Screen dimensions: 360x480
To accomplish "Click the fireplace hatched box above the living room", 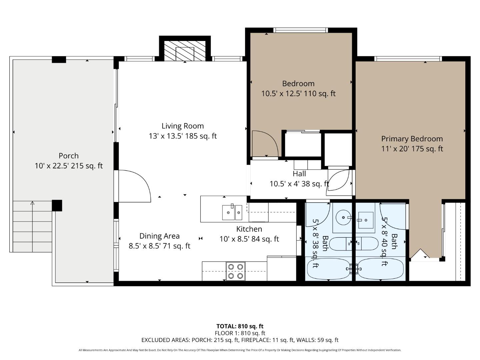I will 185,51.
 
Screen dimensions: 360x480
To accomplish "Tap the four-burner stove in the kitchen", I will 235,271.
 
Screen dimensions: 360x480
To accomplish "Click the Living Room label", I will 183,126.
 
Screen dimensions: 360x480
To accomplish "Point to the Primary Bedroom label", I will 412,139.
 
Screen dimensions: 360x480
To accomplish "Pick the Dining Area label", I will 159,236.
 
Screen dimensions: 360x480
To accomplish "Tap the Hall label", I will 299,174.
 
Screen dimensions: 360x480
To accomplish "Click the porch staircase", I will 32,226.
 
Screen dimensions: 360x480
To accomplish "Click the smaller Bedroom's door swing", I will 264,143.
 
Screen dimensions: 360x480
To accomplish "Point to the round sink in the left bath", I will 342,218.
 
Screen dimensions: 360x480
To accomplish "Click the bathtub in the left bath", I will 328,269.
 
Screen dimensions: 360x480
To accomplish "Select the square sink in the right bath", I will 366,220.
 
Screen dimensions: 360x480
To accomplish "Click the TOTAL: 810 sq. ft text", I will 240,326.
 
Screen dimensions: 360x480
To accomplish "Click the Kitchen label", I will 249,229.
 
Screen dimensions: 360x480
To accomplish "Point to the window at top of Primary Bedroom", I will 408,59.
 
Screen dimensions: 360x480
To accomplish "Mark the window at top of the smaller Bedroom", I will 300,30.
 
